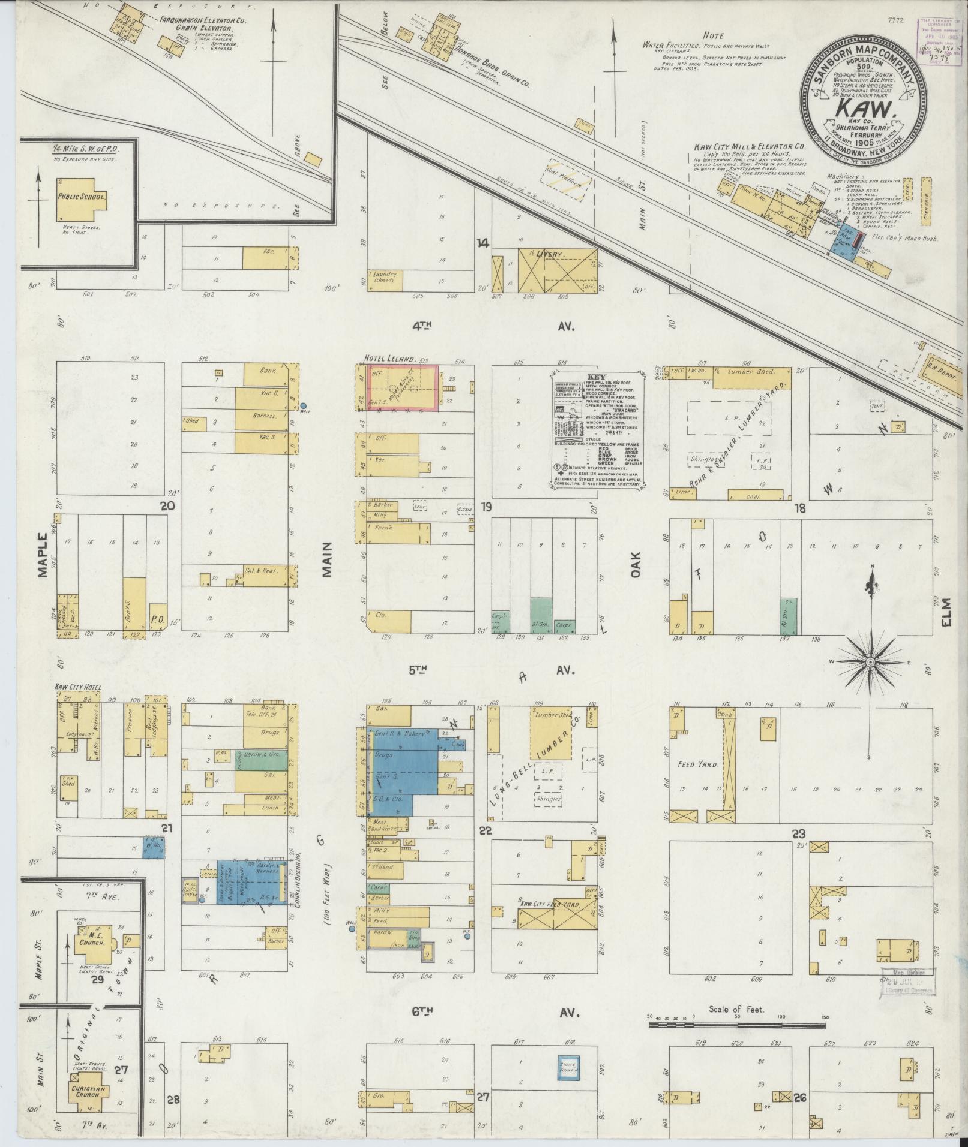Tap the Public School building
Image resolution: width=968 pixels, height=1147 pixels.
pos(81,198)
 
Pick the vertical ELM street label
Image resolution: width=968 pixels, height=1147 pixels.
pos(946,612)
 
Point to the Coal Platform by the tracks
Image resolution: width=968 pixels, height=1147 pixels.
pos(567,179)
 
